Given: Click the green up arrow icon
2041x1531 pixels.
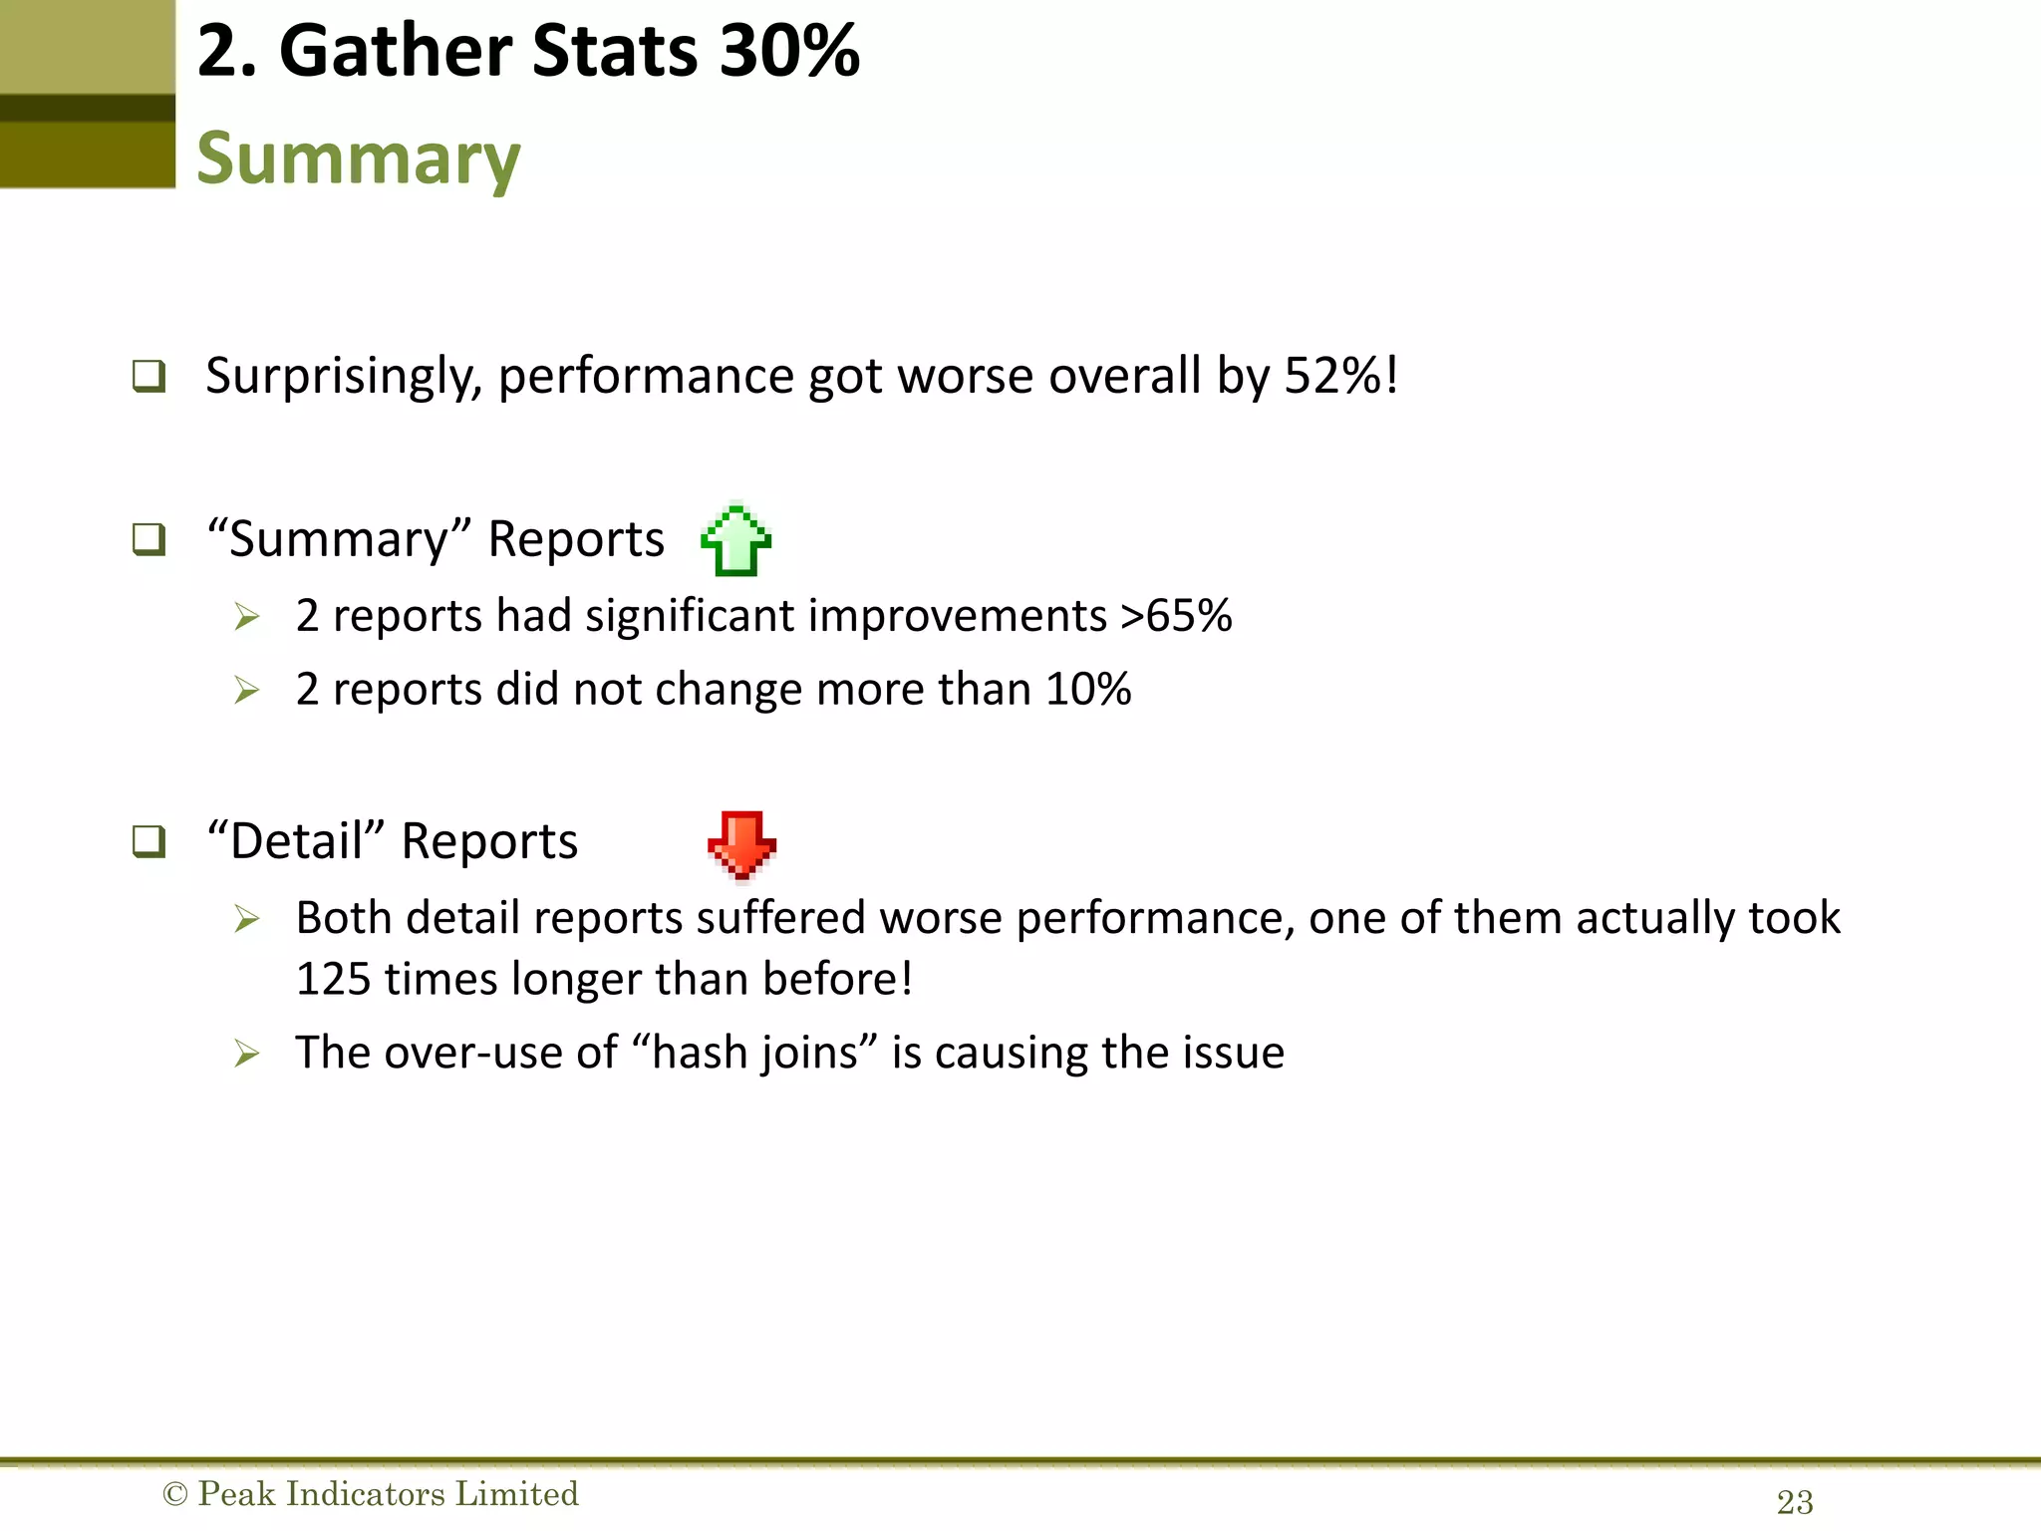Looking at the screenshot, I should tap(736, 540).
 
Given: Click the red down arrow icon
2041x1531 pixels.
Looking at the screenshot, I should tap(741, 845).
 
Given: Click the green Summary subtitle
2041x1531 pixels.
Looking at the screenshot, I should tap(358, 158).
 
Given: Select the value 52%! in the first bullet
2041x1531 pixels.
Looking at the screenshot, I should tap(1340, 376).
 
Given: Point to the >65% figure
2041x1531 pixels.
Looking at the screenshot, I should tap(1176, 615).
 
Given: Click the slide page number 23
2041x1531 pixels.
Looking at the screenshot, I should tap(1794, 1502).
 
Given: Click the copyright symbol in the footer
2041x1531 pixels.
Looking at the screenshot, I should tap(174, 1494).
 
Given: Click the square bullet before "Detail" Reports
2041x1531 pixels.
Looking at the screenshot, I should tap(148, 841).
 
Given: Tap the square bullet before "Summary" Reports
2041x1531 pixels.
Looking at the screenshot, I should tap(148, 539).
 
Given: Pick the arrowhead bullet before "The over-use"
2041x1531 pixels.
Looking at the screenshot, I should tap(246, 1053).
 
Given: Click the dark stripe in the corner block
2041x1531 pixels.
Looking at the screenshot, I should tap(88, 108).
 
